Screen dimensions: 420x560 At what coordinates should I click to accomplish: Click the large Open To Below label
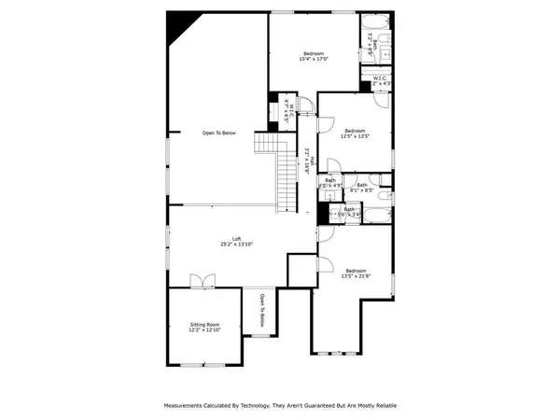click(219, 133)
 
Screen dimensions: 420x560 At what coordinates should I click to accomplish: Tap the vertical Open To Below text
click(263, 310)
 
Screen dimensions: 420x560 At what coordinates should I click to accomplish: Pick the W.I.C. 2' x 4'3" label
click(381, 81)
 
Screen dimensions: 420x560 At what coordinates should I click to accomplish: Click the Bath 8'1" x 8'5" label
click(362, 188)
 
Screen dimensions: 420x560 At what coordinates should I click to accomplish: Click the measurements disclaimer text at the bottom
click(279, 406)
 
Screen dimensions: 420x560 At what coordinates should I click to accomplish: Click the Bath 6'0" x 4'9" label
click(330, 184)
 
